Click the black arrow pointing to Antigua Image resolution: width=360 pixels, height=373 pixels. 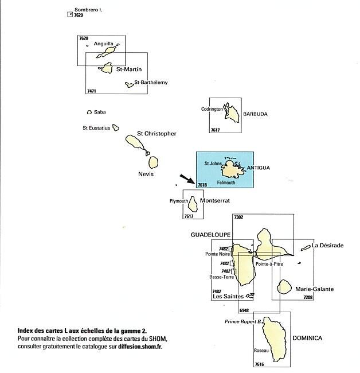[187, 179]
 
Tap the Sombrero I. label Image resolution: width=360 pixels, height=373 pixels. [88, 10]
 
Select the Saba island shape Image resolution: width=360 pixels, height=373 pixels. [89, 112]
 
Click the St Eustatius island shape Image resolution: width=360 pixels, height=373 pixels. [116, 127]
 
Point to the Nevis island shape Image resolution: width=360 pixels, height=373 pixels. [153, 162]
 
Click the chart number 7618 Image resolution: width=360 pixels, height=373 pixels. [202, 185]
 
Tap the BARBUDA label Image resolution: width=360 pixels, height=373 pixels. [255, 114]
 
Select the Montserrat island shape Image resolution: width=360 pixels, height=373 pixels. [193, 204]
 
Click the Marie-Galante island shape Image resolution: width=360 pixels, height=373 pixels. [284, 287]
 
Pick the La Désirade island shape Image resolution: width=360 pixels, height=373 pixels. [306, 248]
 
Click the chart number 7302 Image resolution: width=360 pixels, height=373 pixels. [238, 217]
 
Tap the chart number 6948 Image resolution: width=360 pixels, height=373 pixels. [244, 310]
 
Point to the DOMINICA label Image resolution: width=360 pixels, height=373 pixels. [307, 338]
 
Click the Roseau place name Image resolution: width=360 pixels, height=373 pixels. [261, 351]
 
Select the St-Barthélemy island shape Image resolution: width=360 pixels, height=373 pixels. [130, 85]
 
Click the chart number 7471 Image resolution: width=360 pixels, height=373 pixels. [92, 91]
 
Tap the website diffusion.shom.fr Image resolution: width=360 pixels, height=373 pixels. [140, 347]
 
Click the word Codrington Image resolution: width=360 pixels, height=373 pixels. [212, 109]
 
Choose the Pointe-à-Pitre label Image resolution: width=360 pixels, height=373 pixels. [269, 264]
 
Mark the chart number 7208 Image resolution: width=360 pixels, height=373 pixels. [308, 297]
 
